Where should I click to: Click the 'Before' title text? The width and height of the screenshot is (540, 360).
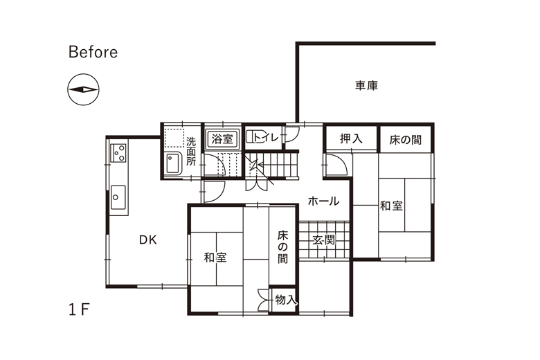[x=93, y=52]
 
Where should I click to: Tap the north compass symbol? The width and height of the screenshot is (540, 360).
[x=83, y=89]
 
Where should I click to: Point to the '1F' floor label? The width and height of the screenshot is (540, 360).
[x=79, y=309]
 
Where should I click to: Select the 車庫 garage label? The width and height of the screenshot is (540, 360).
[x=366, y=85]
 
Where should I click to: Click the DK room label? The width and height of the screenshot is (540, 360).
[x=148, y=240]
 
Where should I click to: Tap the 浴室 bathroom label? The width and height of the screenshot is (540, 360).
[x=222, y=139]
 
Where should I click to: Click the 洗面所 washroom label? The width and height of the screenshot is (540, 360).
[x=191, y=151]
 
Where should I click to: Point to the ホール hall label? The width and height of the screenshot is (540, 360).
[x=323, y=201]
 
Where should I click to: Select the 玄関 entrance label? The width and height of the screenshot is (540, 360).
[x=324, y=240]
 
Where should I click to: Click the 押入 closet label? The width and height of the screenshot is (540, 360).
[x=351, y=138]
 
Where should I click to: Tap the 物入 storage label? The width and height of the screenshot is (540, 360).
[x=285, y=300]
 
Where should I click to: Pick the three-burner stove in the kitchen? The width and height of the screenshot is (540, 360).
[x=119, y=153]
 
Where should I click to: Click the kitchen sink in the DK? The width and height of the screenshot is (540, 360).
[x=118, y=197]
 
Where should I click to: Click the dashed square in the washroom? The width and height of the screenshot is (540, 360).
[x=174, y=138]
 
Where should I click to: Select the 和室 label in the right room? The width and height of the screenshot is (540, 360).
[x=391, y=206]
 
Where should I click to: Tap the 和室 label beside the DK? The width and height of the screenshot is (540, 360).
[x=215, y=258]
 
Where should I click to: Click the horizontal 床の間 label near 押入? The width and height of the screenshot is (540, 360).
[x=405, y=140]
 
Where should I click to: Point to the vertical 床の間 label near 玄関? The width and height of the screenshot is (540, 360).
[x=282, y=247]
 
